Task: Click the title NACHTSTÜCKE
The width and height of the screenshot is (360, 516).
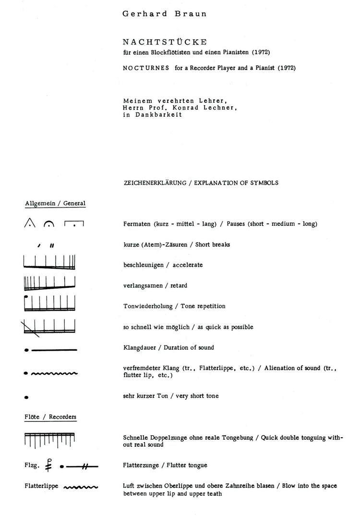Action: click(x=154, y=42)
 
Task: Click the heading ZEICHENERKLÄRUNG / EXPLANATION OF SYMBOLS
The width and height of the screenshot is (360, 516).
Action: click(x=201, y=183)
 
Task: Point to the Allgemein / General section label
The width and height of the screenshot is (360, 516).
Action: click(x=55, y=203)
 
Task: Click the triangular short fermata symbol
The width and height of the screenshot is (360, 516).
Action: click(x=30, y=223)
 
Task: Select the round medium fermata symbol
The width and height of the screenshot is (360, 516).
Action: click(x=49, y=224)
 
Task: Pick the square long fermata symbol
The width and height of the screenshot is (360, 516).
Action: click(x=74, y=224)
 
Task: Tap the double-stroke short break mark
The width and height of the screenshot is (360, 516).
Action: click(x=52, y=245)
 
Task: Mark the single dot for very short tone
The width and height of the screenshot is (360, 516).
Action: click(x=26, y=397)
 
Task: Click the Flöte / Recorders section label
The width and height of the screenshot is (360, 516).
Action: click(x=50, y=417)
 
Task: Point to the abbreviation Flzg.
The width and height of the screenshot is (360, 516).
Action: click(x=32, y=466)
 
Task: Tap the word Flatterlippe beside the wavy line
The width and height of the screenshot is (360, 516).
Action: click(x=41, y=486)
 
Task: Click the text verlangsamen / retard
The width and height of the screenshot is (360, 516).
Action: click(x=155, y=285)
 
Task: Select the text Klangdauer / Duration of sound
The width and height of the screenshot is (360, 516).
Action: click(x=168, y=347)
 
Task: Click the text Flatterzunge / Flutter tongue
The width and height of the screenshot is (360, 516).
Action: click(x=165, y=466)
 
